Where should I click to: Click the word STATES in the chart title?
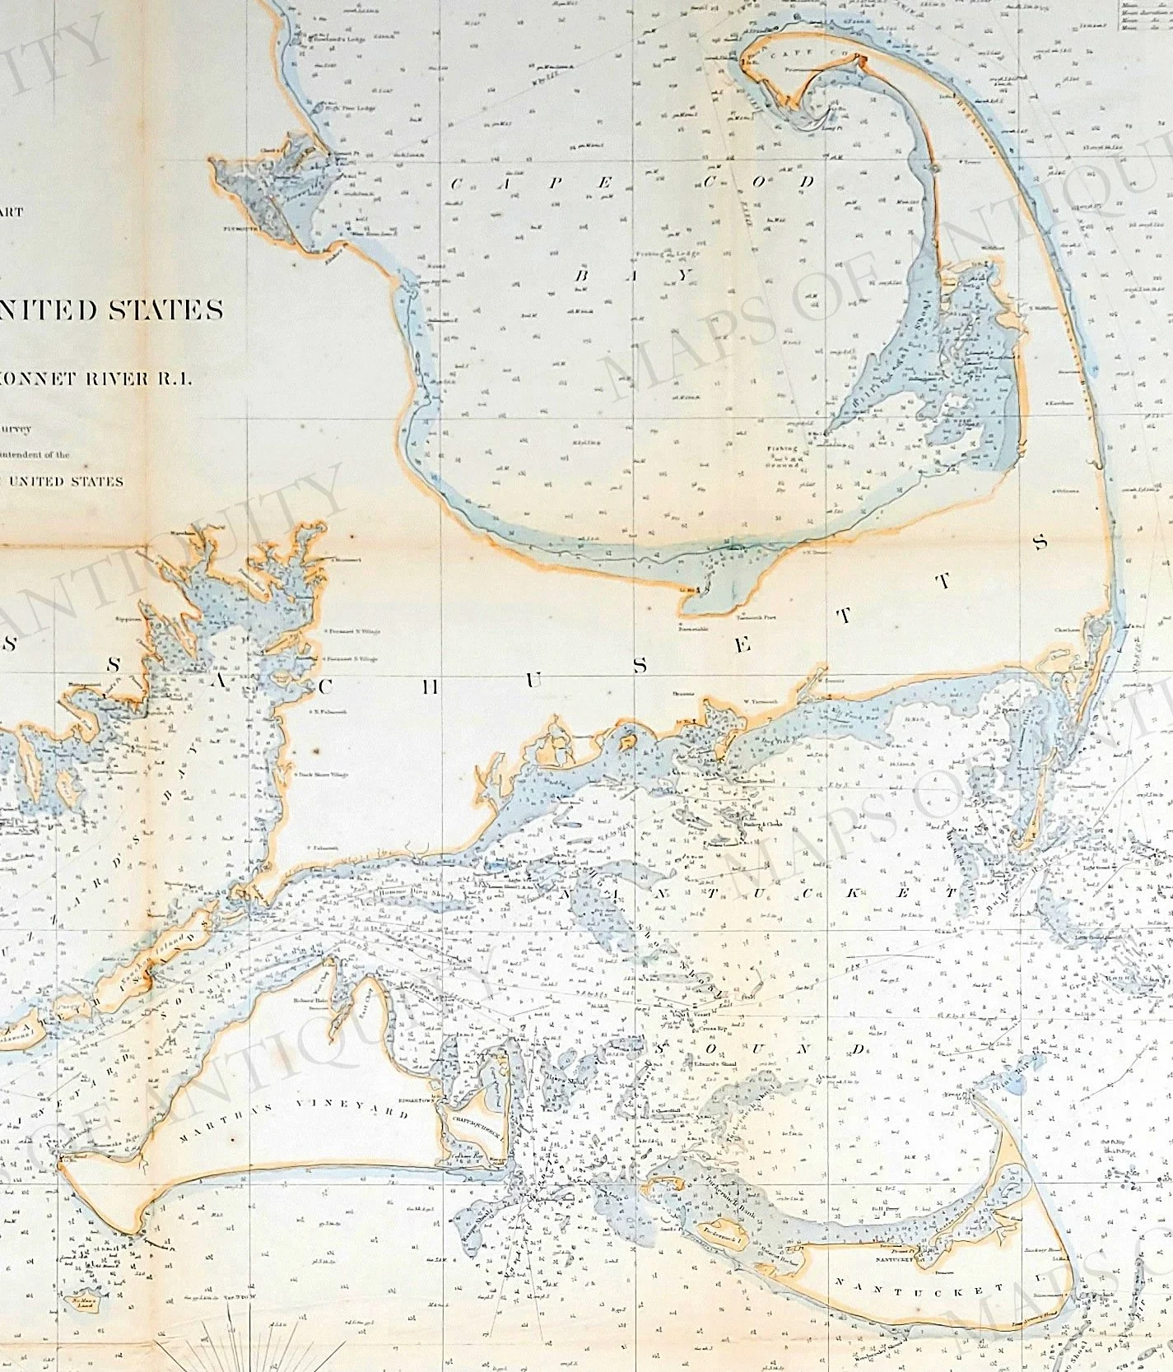[174, 310]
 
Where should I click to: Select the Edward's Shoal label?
[716, 1066]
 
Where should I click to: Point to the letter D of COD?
[808, 181]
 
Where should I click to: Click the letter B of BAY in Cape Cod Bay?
[581, 276]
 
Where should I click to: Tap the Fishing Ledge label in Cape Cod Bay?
[655, 257]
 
